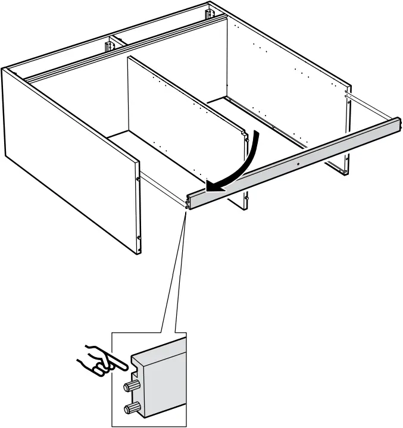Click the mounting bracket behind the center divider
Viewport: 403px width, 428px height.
coord(111,45)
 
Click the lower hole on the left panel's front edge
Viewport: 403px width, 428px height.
coord(138,238)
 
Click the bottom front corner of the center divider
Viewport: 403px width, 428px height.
coord(245,208)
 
